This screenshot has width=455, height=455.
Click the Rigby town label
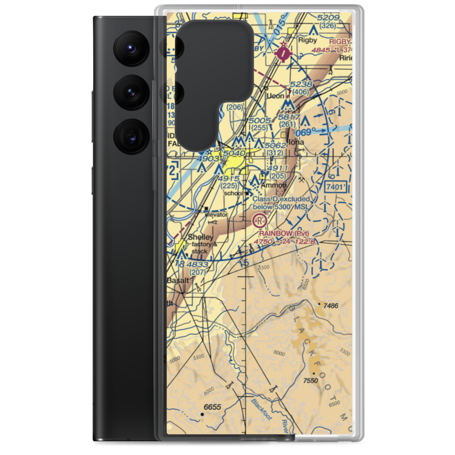click(307, 40)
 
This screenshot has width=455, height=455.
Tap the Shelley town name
click(200, 238)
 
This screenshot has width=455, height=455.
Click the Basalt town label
click(177, 280)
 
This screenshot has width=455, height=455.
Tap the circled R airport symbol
click(259, 221)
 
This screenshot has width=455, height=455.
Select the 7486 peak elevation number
click(331, 306)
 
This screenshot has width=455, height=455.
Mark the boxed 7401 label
click(337, 187)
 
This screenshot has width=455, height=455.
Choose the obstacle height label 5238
click(301, 84)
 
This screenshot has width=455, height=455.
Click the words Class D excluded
click(281, 199)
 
